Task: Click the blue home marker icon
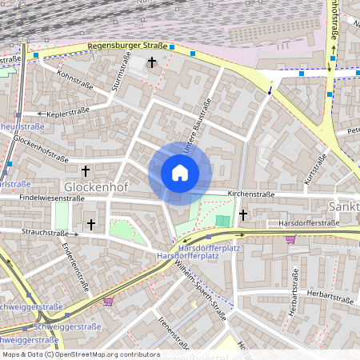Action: (180, 173)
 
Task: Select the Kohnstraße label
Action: (76, 80)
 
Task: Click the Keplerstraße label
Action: (69, 114)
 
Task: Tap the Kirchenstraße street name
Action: (251, 194)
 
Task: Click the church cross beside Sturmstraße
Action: (152, 62)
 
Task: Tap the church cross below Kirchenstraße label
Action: (242, 214)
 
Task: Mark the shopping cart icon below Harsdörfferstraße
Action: (290, 238)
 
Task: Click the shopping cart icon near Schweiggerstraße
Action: (108, 301)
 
